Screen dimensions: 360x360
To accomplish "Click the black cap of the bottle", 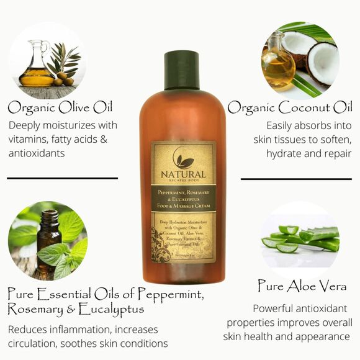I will tap(181, 70).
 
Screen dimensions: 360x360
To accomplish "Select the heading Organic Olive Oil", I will tap(60, 107).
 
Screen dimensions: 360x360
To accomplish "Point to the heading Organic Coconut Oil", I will tap(290, 107).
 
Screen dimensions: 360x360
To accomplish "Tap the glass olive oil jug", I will tap(36, 64).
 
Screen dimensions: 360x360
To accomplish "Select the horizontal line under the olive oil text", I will tap(62, 178).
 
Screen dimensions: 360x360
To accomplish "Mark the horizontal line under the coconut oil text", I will tap(296, 179).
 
